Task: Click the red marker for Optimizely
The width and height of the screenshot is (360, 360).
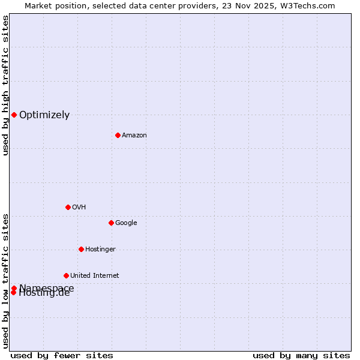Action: (x=14, y=115)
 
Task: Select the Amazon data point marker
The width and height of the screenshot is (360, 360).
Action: (x=118, y=135)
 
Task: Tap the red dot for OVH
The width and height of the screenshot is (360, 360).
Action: (x=68, y=207)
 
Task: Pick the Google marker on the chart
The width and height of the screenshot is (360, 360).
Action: (x=111, y=223)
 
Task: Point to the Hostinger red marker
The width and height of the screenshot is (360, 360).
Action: (x=81, y=249)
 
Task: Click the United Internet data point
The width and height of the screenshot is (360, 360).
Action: (x=66, y=275)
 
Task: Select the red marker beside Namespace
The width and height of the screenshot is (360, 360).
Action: (x=14, y=288)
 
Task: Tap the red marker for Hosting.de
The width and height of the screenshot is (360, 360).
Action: (x=13, y=293)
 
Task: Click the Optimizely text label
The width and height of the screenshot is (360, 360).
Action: (x=44, y=115)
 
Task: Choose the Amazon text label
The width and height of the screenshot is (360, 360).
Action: (x=134, y=136)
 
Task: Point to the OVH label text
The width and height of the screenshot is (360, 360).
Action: (x=79, y=208)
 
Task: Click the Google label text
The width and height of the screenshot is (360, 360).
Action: (x=126, y=223)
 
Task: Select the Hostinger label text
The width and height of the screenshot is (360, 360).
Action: (x=100, y=250)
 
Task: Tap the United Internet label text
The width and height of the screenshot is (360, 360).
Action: (x=94, y=276)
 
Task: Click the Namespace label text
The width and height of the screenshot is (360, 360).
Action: (x=47, y=287)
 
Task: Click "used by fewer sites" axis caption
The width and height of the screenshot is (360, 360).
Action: (x=62, y=356)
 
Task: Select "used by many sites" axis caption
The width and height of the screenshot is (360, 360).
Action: (x=301, y=356)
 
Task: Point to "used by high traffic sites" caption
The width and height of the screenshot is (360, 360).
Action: (x=5, y=85)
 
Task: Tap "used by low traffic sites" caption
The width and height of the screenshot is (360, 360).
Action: (x=5, y=281)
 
